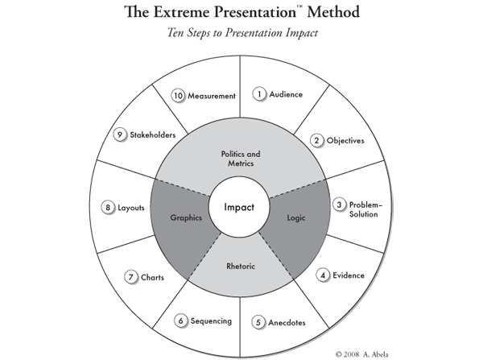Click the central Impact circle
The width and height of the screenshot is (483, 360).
(239, 207)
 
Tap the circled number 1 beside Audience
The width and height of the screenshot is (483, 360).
(260, 94)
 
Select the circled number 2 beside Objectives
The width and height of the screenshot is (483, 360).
(318, 140)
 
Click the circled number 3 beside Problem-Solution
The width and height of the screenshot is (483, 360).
(340, 205)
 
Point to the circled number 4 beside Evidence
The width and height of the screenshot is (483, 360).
(323, 275)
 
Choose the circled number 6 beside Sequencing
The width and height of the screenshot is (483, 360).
(183, 321)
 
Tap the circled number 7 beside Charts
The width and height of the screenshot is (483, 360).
(131, 278)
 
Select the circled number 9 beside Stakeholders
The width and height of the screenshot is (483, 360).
(120, 135)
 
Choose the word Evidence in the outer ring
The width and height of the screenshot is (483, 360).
(349, 275)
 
